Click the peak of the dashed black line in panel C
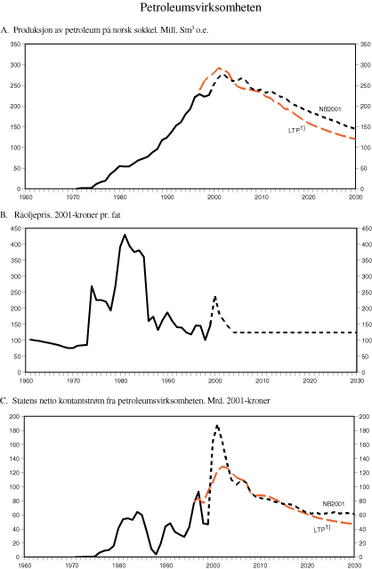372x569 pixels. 216,426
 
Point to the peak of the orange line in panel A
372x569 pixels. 219,68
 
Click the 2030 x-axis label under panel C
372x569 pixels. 354,565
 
